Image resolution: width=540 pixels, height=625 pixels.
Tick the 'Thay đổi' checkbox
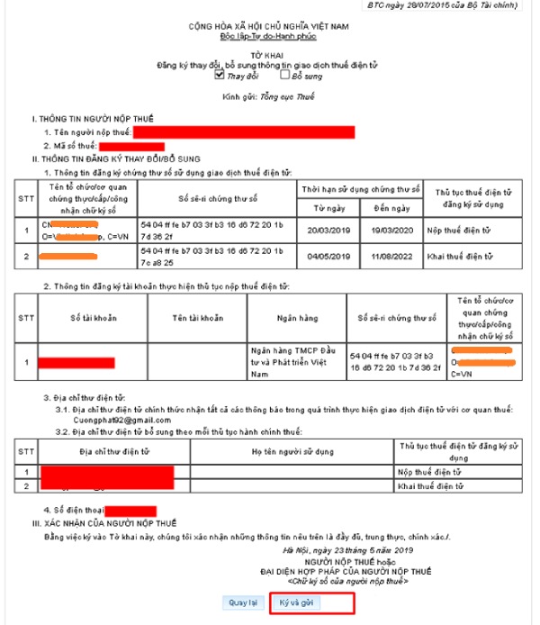[x=219, y=76]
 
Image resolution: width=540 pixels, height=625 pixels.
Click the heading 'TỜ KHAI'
[x=264, y=55]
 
